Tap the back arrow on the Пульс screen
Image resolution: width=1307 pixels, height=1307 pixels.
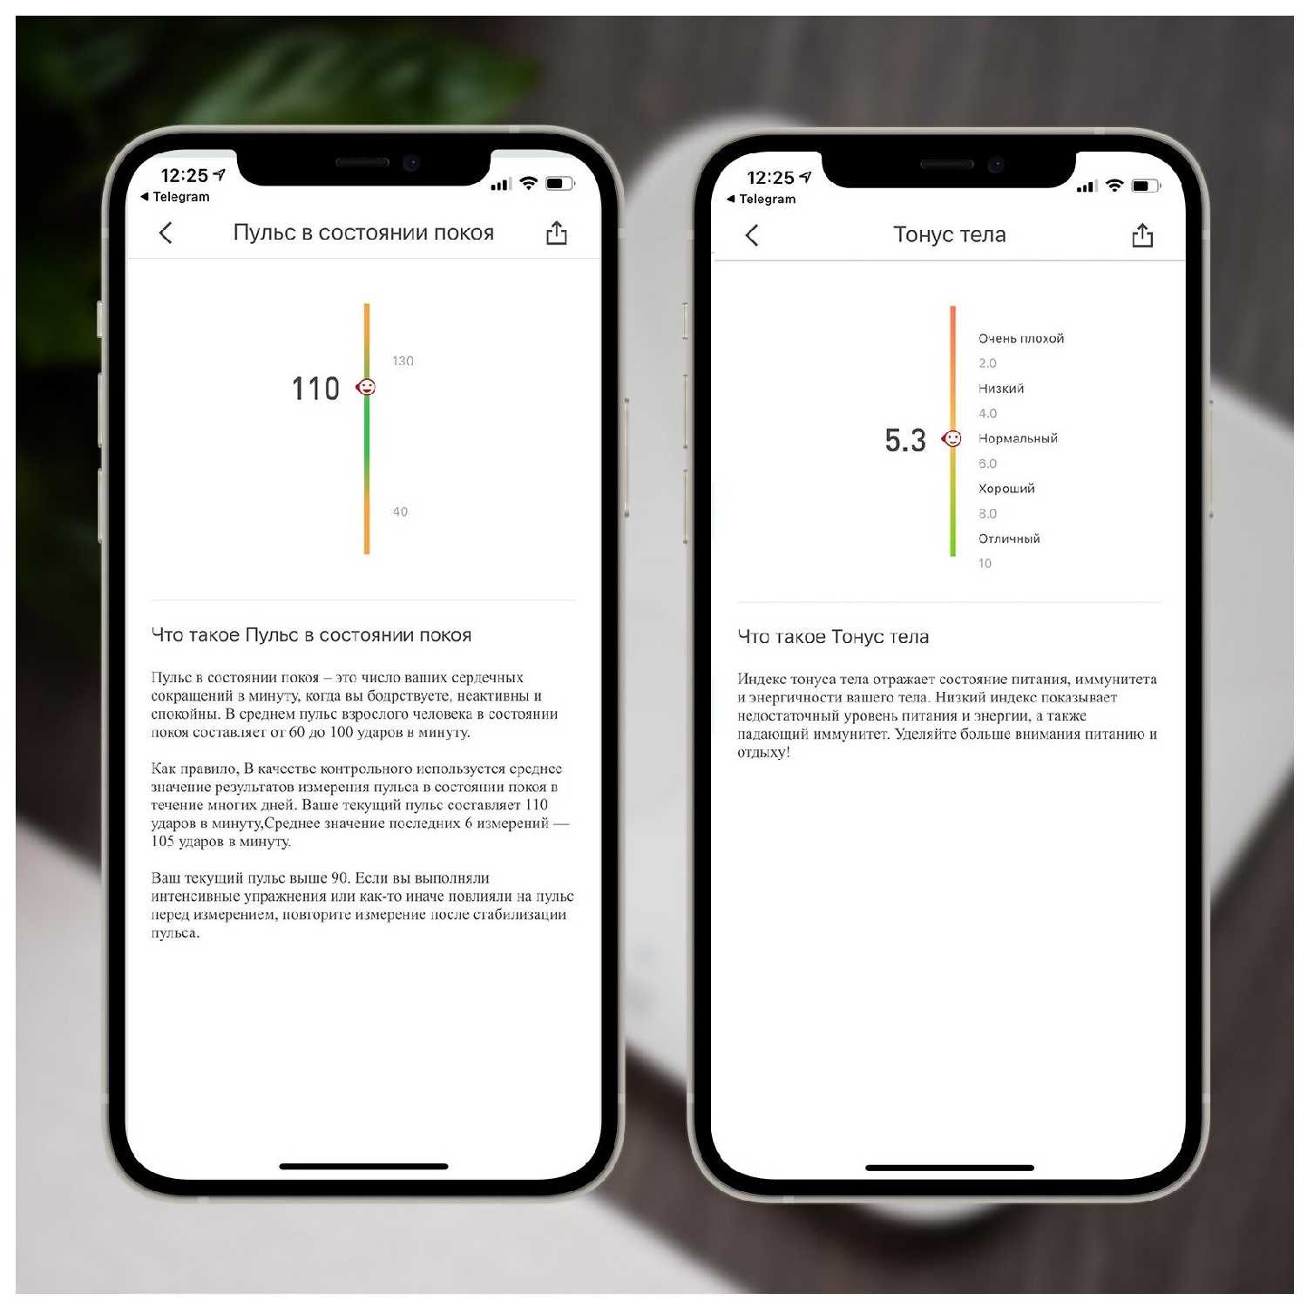[166, 233]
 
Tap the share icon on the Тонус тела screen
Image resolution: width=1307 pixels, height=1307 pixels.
[1142, 235]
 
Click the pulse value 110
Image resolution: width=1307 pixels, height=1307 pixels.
[315, 389]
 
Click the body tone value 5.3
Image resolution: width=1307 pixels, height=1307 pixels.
[905, 440]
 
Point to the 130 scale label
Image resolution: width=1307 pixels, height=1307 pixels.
[403, 361]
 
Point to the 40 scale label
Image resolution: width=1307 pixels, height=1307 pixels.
[400, 511]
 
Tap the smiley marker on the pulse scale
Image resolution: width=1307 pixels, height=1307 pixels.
[367, 387]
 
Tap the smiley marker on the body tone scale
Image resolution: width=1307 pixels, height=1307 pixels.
[952, 438]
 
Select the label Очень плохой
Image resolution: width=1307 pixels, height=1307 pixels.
[1021, 338]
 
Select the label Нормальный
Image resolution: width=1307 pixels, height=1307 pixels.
[1018, 438]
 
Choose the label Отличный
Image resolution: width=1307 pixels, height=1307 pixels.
[1009, 538]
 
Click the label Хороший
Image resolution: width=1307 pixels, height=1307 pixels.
[1006, 489]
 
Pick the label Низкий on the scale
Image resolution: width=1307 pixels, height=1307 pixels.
[1001, 389]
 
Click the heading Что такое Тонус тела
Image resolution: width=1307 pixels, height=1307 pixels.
[833, 637]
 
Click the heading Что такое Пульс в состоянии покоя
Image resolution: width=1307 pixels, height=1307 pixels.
[311, 635]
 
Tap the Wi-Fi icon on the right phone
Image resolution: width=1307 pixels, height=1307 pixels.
[1114, 186]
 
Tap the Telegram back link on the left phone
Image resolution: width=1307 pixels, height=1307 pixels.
[175, 197]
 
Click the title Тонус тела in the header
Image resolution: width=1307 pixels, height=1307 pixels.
[950, 234]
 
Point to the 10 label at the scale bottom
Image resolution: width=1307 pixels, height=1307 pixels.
[985, 563]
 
